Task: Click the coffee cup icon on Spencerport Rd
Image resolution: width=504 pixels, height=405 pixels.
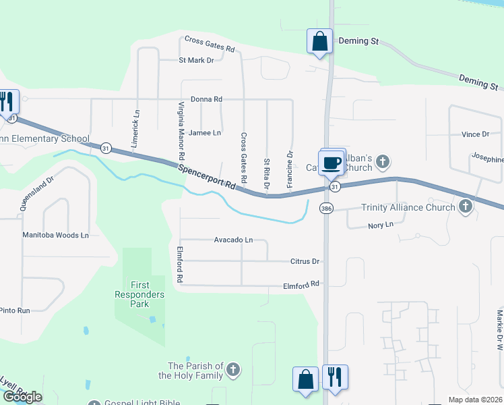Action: click(x=332, y=163)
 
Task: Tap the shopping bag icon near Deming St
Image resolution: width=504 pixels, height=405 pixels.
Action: click(x=319, y=40)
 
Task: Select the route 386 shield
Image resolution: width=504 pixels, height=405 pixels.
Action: click(x=326, y=209)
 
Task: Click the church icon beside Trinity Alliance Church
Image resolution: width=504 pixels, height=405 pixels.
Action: click(x=465, y=207)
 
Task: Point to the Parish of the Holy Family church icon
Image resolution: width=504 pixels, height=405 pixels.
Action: click(x=233, y=370)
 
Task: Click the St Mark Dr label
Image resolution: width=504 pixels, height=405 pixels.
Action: click(x=196, y=60)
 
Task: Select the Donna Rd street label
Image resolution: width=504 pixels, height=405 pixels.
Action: click(x=206, y=99)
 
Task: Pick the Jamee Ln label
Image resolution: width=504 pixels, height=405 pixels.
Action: click(x=205, y=133)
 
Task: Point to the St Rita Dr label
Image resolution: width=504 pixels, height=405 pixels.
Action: click(x=267, y=173)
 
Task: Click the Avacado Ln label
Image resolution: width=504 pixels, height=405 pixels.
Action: click(x=233, y=240)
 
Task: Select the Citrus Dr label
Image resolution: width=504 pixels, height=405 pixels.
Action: click(x=305, y=261)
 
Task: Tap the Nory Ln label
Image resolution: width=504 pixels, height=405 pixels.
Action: click(x=380, y=225)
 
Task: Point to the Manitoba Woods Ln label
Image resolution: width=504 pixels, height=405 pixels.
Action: click(x=55, y=235)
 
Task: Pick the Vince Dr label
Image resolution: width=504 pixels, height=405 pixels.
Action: click(x=475, y=134)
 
